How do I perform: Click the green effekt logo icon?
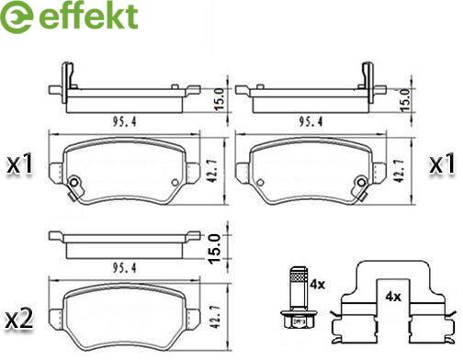pyautogui.click(x=17, y=17)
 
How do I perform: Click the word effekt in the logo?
pyautogui.click(x=88, y=16)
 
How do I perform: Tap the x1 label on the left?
pyautogui.click(x=20, y=163)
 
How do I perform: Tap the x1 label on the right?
pyautogui.click(x=442, y=163)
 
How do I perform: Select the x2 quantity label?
pyautogui.click(x=20, y=319)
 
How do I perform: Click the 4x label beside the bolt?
pyautogui.click(x=317, y=285)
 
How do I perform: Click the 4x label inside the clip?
pyautogui.click(x=393, y=296)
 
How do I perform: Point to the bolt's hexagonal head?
pyautogui.click(x=296, y=320)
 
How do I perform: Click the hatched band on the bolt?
pyautogui.click(x=299, y=278)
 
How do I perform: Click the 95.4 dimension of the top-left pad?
pyautogui.click(x=124, y=121)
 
